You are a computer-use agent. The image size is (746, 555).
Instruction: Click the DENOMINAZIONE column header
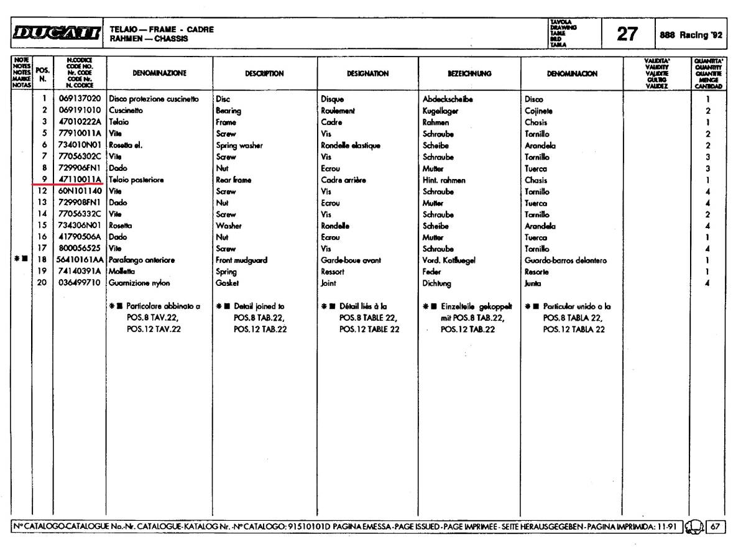(x=159, y=73)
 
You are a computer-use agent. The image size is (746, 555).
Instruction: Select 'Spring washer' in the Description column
(x=238, y=144)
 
